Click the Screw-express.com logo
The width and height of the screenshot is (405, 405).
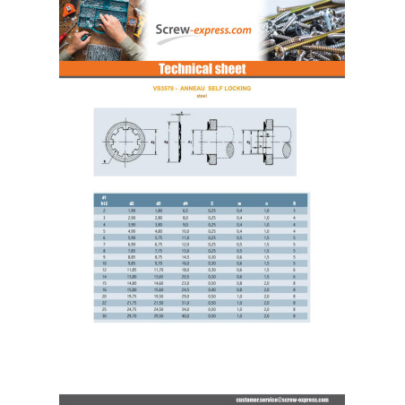[202, 30]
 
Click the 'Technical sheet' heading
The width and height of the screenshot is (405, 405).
[202, 69]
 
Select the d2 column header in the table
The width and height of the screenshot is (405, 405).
[133, 204]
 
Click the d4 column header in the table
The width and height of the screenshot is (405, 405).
[185, 204]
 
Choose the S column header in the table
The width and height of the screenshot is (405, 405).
[211, 204]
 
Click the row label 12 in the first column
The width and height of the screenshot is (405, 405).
[106, 269]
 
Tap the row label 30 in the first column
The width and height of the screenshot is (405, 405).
[106, 315]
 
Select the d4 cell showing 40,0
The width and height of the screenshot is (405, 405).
[185, 315]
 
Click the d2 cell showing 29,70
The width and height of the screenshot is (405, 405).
[133, 315]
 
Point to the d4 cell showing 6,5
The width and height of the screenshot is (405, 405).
[185, 211]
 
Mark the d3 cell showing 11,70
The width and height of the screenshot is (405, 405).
[159, 269]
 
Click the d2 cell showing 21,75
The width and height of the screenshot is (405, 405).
[133, 304]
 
